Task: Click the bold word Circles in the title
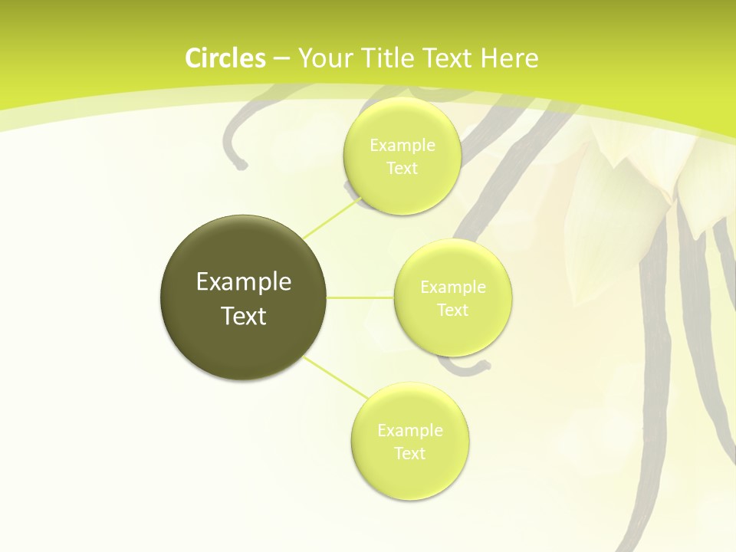click(225, 58)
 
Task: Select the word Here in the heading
click(510, 58)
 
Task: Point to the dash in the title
click(281, 59)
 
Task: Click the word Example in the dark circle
click(244, 282)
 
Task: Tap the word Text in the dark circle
click(244, 316)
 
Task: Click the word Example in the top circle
click(402, 145)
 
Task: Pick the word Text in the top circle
click(402, 168)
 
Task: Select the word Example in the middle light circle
click(453, 287)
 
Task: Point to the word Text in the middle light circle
click(453, 310)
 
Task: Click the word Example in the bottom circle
click(410, 430)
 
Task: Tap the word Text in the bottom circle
click(410, 453)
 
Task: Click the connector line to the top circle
click(331, 219)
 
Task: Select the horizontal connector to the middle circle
click(360, 297)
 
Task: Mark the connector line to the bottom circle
click(335, 377)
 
